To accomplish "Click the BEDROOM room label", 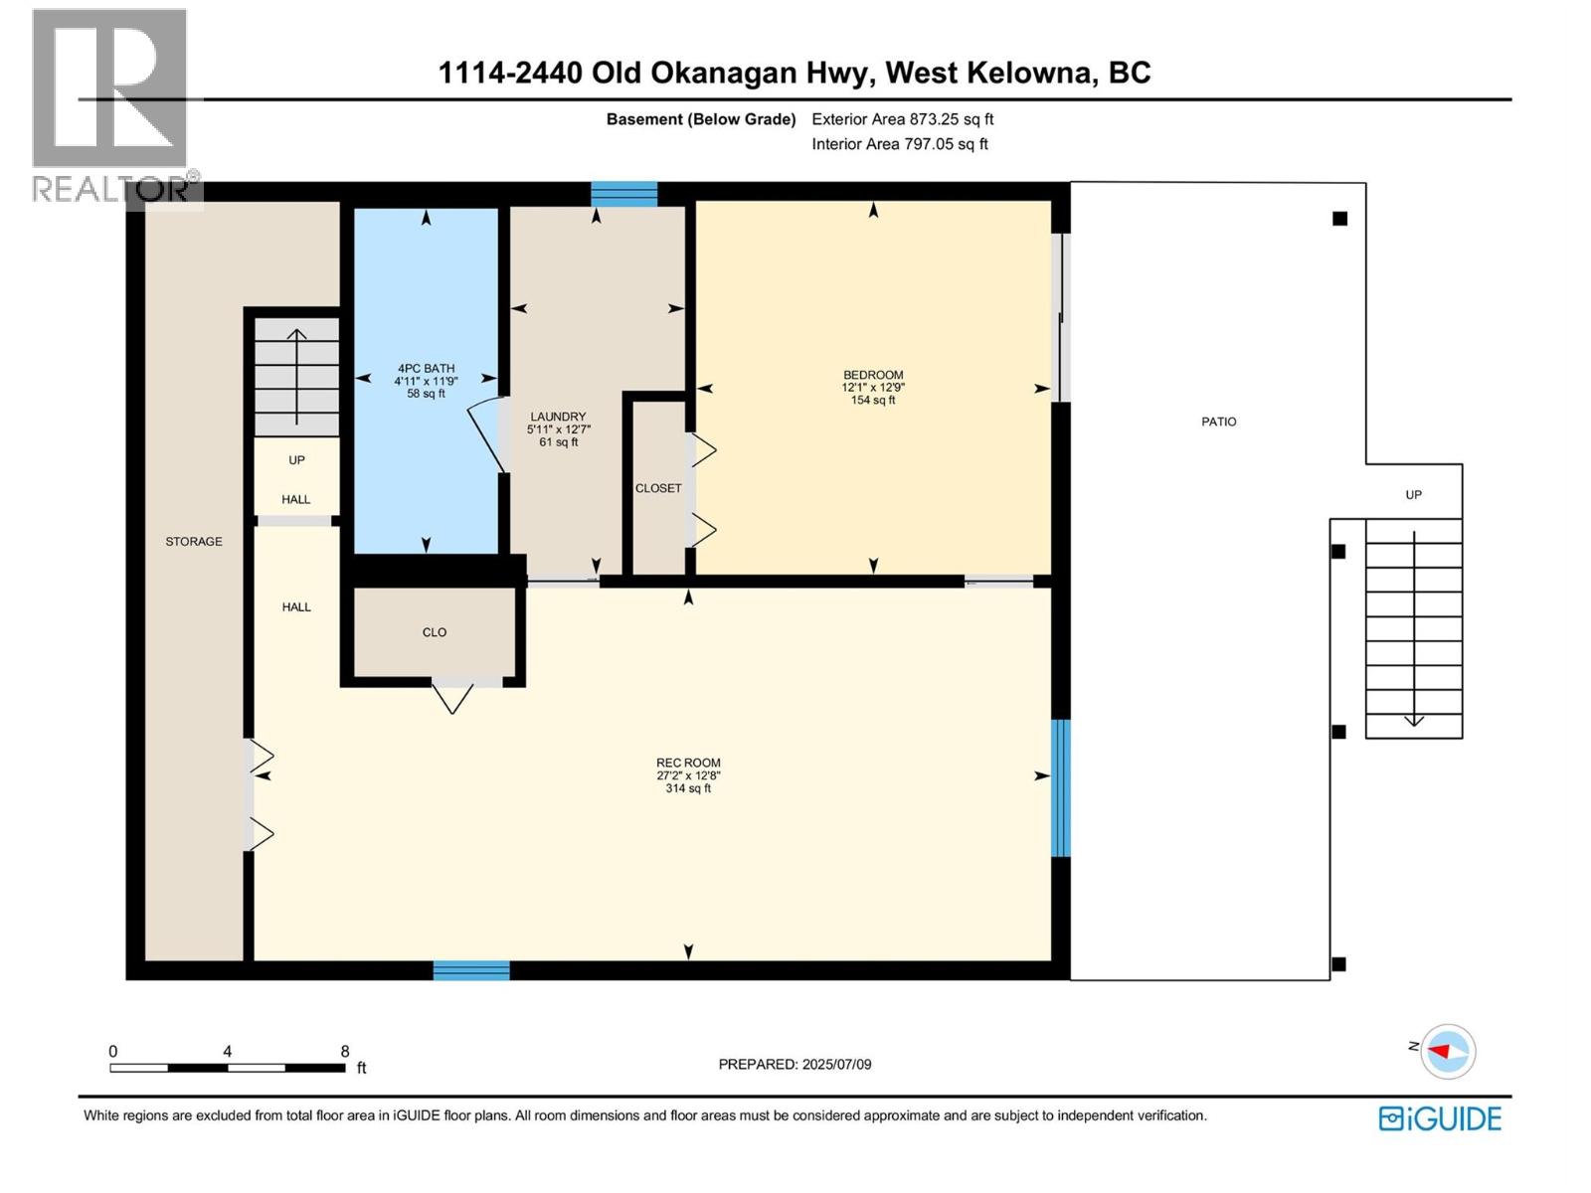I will [873, 375].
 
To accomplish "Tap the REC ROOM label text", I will [688, 763].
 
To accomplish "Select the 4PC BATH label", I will [426, 368].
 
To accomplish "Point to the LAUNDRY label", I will [558, 417].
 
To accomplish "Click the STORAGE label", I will [194, 541].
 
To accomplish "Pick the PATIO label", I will [1218, 422].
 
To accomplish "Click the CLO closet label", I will [435, 632].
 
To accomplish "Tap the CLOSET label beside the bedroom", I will [658, 488].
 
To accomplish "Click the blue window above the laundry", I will [624, 193].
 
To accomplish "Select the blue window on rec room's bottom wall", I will [471, 970].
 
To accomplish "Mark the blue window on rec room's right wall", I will [1061, 787].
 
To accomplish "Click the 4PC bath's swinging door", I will [486, 434].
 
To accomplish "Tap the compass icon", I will [1447, 1051].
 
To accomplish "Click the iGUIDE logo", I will [1440, 1118].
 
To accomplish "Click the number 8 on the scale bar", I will [345, 1051].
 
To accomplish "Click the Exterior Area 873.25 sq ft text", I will [902, 119].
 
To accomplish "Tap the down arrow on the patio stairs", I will [1413, 720].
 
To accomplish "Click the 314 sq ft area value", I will [688, 788].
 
